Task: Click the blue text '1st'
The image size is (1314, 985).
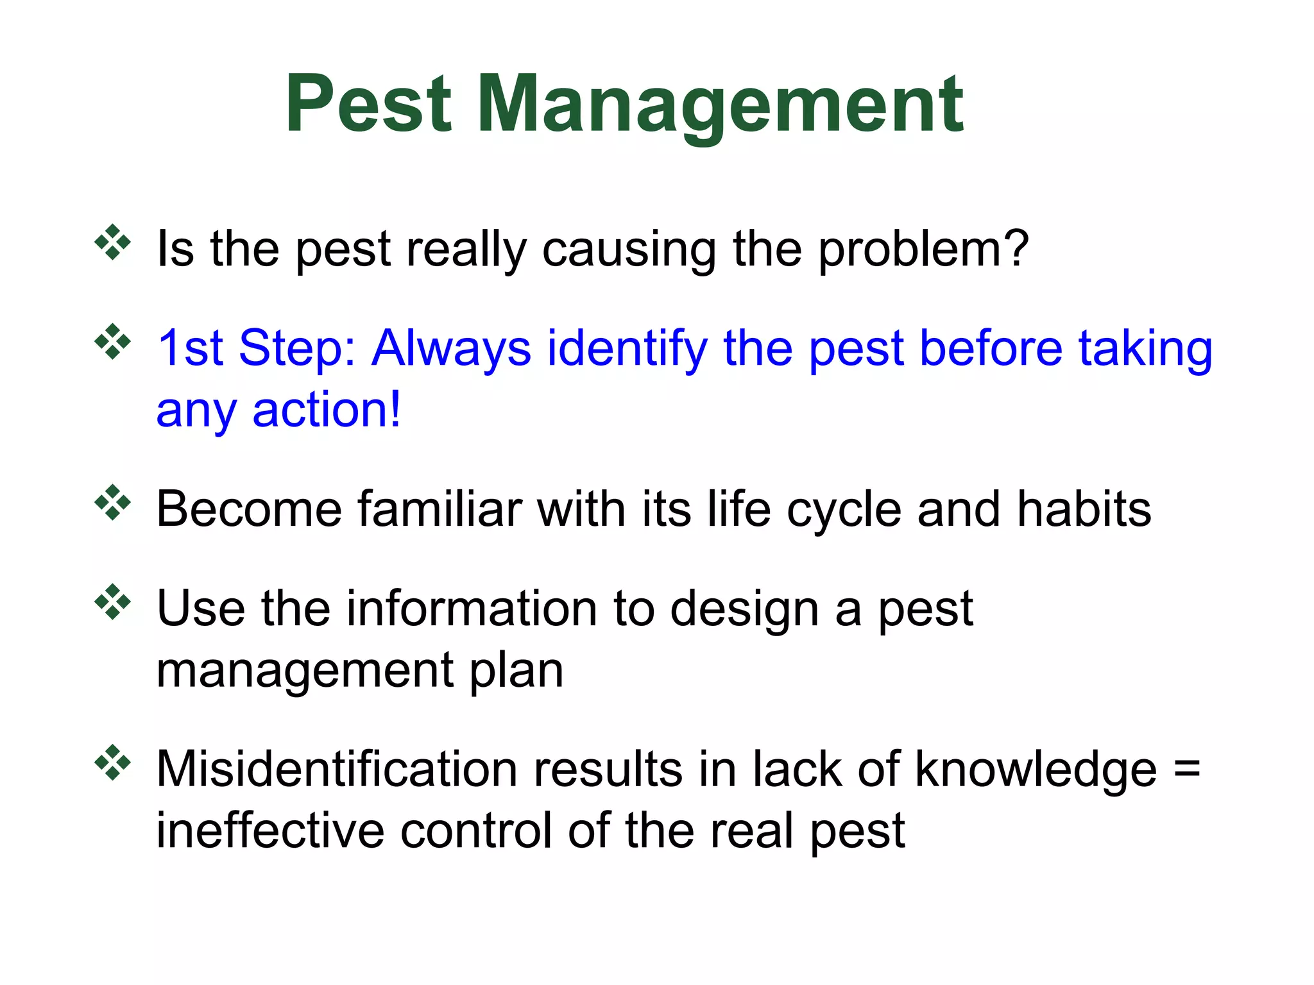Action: click(x=191, y=348)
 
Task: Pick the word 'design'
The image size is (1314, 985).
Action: click(x=744, y=609)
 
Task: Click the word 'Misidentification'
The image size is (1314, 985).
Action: click(x=337, y=769)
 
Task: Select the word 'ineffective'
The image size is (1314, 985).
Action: click(x=269, y=831)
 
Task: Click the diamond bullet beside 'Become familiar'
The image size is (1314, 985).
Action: click(x=113, y=502)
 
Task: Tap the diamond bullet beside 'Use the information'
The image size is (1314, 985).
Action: click(x=113, y=602)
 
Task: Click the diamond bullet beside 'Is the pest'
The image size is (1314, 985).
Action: click(x=113, y=242)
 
